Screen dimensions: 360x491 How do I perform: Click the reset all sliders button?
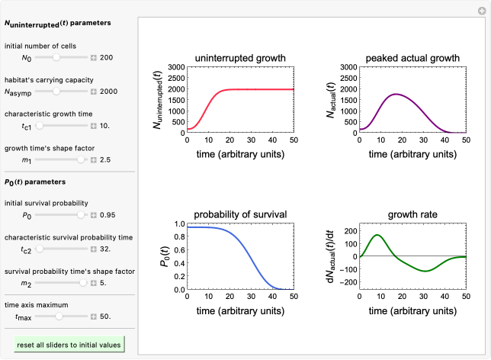(69, 345)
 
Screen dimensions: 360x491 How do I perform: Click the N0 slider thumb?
(56, 57)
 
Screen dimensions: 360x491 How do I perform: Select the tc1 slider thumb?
(40, 126)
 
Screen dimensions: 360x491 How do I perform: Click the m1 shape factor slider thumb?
(81, 160)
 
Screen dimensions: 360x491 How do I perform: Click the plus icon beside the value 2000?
(94, 92)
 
